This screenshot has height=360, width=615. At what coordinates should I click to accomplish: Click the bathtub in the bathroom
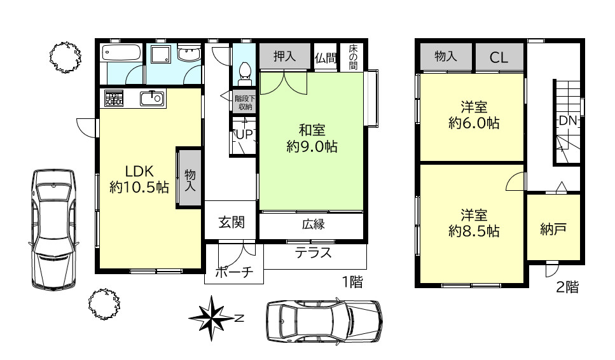click(121, 53)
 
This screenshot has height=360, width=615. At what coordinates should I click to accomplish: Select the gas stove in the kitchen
click(114, 99)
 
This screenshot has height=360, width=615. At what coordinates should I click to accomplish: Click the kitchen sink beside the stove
click(152, 98)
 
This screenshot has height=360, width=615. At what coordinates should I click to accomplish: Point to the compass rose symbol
click(212, 318)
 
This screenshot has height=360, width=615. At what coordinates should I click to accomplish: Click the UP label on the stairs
click(244, 135)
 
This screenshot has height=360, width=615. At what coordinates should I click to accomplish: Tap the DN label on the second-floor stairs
click(567, 120)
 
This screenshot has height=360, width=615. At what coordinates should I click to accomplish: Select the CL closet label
click(499, 58)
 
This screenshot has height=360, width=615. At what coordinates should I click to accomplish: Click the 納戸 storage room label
click(553, 229)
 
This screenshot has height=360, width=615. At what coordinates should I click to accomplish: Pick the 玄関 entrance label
click(231, 223)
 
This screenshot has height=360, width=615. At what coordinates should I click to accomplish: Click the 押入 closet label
click(284, 57)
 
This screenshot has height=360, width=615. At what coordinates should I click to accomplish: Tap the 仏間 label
click(326, 58)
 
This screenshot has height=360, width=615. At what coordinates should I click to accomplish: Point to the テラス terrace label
click(314, 253)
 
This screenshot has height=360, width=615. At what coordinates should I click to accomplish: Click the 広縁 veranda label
click(314, 225)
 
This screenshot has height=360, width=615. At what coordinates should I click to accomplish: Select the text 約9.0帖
click(312, 147)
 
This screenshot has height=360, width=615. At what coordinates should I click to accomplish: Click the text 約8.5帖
click(474, 232)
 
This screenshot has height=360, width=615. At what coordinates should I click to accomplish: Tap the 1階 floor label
click(352, 282)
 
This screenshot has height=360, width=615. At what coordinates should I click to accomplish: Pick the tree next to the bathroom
click(66, 57)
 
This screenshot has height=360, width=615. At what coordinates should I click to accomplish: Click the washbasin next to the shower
click(189, 53)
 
